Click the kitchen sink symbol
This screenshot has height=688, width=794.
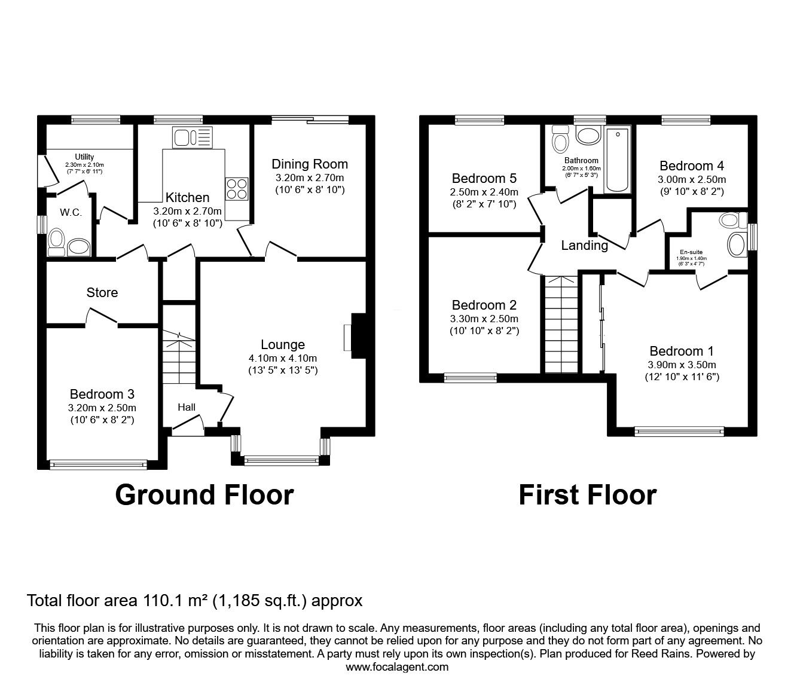point(193,137)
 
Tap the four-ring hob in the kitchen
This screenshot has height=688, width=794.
point(237,189)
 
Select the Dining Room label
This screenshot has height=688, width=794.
point(310,164)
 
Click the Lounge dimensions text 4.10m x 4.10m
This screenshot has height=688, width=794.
point(283,359)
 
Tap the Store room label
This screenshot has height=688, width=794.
point(102,293)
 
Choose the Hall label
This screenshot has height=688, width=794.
point(187,407)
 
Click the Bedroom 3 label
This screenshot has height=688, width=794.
point(102,394)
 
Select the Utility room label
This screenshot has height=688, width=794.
point(84,157)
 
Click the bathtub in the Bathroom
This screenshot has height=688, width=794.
point(617,160)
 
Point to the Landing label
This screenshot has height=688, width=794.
point(584,246)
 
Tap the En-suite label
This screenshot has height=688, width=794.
point(691,252)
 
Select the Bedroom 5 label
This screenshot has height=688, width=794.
point(484,178)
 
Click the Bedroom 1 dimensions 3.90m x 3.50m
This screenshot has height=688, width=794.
point(682,365)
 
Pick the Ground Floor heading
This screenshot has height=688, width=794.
point(204,495)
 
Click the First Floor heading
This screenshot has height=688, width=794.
point(587,495)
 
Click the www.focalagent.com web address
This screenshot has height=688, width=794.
point(397,667)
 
